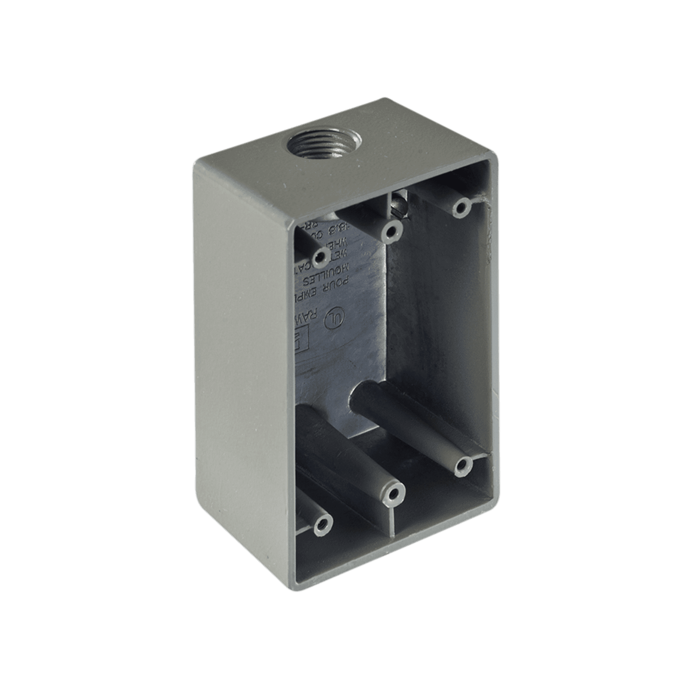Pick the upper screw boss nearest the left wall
320,258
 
